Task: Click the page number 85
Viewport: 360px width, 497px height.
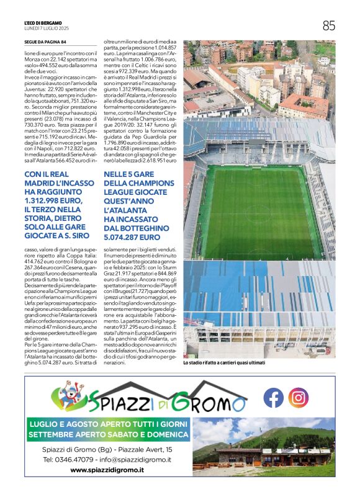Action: [x=328, y=25]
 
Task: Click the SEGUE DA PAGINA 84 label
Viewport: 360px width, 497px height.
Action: [x=45, y=42]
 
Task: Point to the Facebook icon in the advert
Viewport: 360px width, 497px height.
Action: [x=273, y=397]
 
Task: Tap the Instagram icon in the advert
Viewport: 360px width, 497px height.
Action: [x=299, y=397]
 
